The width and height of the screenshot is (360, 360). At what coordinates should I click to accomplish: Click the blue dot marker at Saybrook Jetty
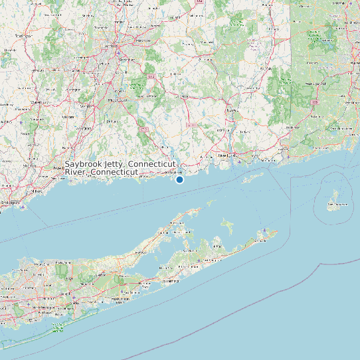point(179,179)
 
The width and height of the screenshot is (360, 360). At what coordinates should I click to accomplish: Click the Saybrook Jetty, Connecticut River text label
point(120,167)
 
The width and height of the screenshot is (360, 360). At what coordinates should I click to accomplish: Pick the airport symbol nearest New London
point(238,161)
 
